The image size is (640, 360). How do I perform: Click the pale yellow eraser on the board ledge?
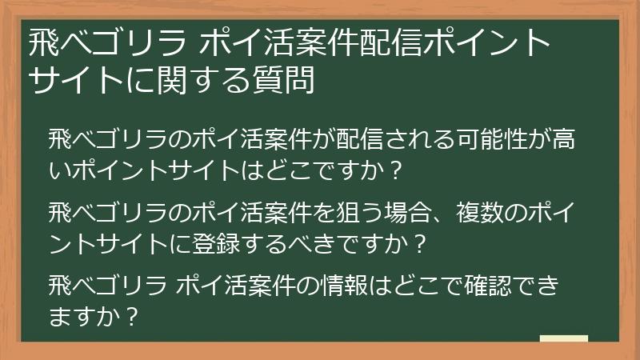563,339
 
